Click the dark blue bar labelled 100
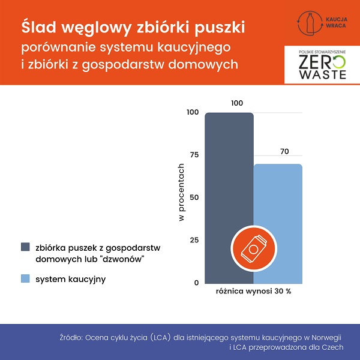(x=229, y=180)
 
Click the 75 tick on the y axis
(x=193, y=155)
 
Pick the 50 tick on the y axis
(x=193, y=197)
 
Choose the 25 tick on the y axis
(x=193, y=240)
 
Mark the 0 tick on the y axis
(x=196, y=283)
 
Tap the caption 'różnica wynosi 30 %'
(x=253, y=292)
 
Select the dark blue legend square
(x=25, y=247)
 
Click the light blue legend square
(x=25, y=278)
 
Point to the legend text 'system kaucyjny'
(x=66, y=278)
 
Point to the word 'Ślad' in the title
(x=41, y=27)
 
